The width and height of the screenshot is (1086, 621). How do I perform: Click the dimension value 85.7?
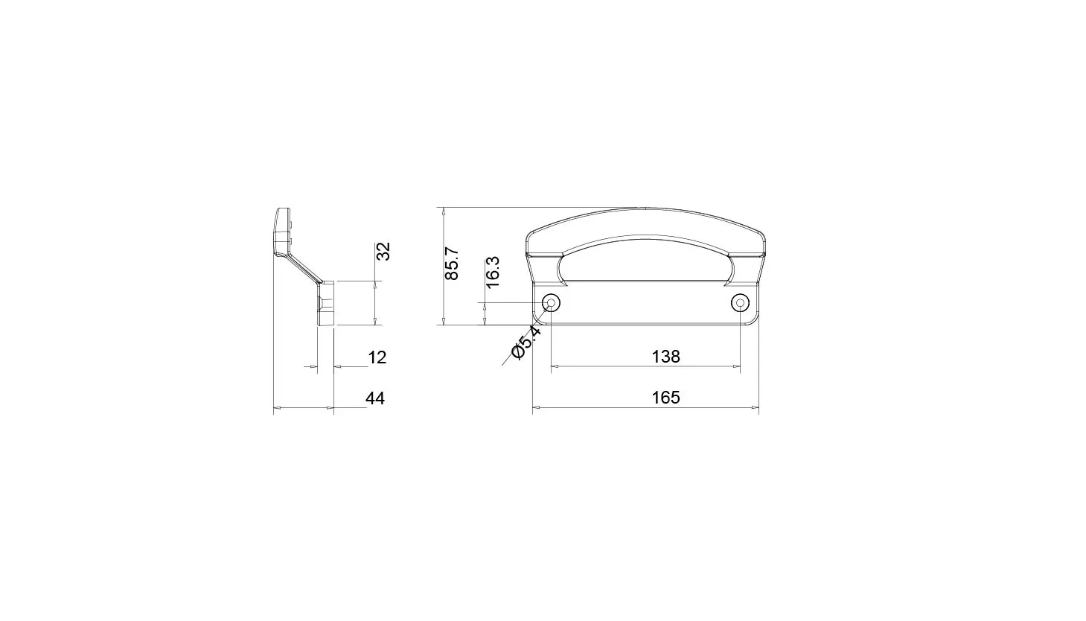(451, 264)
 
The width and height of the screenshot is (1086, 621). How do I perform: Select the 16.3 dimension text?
(493, 273)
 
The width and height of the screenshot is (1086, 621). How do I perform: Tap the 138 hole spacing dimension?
(665, 357)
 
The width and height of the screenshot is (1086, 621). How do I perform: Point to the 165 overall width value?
(665, 398)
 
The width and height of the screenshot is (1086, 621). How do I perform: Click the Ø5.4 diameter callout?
(526, 343)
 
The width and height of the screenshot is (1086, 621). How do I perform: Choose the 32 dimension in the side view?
(383, 252)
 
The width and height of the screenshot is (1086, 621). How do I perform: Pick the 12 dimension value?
(377, 357)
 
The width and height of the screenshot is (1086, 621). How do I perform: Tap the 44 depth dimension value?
(374, 398)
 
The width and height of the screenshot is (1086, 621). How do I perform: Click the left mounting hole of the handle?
(551, 303)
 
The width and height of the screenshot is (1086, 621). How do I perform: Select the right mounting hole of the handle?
(740, 303)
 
